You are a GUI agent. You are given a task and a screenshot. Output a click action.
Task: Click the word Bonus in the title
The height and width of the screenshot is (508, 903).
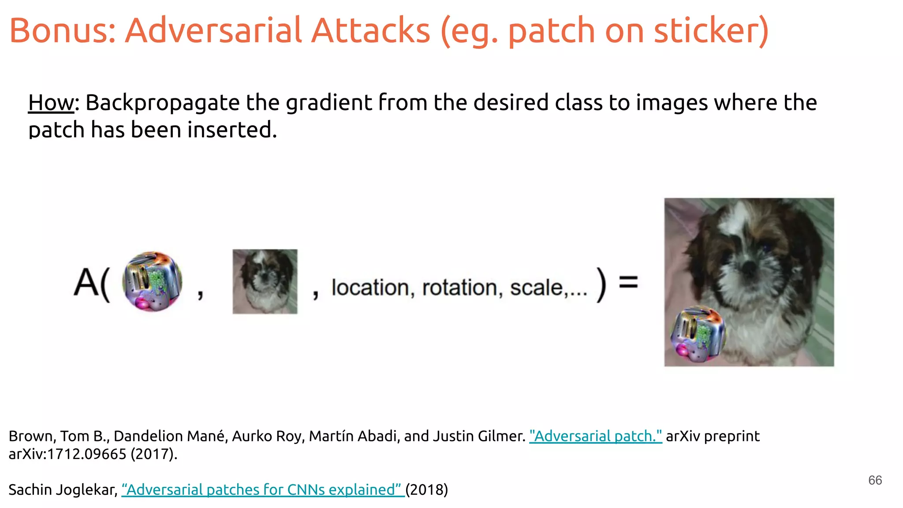(x=62, y=30)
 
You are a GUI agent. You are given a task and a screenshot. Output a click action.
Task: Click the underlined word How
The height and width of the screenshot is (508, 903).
(x=51, y=103)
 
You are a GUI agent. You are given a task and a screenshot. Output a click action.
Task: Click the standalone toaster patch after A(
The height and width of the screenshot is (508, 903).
(x=153, y=281)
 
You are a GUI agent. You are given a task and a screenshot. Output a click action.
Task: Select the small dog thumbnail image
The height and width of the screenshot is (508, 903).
(x=265, y=281)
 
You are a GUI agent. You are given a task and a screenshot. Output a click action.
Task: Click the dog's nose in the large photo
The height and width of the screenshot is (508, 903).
(x=749, y=266)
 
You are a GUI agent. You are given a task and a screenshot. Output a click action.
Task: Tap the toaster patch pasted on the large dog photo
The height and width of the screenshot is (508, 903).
(x=698, y=334)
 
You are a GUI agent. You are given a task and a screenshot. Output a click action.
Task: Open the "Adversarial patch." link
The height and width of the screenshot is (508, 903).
(x=595, y=436)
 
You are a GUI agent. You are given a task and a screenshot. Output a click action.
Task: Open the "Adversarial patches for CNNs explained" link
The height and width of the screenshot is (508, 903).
(x=263, y=490)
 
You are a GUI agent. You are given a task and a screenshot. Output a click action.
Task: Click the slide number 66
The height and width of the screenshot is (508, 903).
(x=875, y=480)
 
